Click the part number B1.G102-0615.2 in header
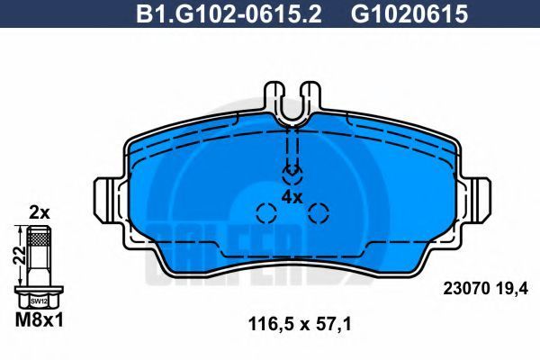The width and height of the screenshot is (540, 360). click(229, 13)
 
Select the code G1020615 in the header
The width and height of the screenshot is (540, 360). click(409, 13)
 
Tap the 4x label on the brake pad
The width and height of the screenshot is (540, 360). click(292, 197)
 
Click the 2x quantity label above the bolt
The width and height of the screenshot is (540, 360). click(40, 213)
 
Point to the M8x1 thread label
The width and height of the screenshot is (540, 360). click(40, 320)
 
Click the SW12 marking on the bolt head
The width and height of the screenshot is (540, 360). click(39, 301)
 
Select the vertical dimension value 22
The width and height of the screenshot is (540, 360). click(19, 256)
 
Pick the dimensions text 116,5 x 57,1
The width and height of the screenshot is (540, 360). click(300, 324)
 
